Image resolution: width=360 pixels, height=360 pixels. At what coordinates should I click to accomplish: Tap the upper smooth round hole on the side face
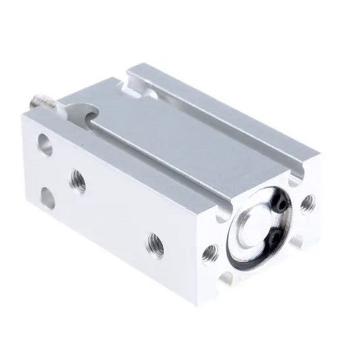pos(45,144)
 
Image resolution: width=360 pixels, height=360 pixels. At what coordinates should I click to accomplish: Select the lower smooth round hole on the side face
pos(47,197)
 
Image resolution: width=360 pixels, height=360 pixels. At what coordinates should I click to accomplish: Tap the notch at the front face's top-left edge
pos(224,211)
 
